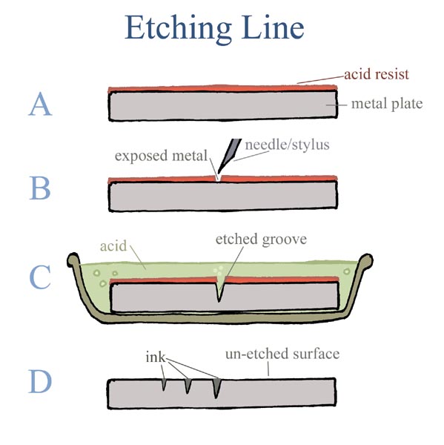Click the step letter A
pyautogui.click(x=40, y=105)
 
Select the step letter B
pyautogui.click(x=40, y=189)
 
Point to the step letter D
pyautogui.click(x=40, y=382)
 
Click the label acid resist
pyautogui.click(x=378, y=75)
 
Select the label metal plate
pyautogui.click(x=386, y=104)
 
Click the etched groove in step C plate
pyautogui.click(x=220, y=291)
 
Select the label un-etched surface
pyautogui.click(x=282, y=355)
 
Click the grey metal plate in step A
pyautogui.click(x=222, y=108)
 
